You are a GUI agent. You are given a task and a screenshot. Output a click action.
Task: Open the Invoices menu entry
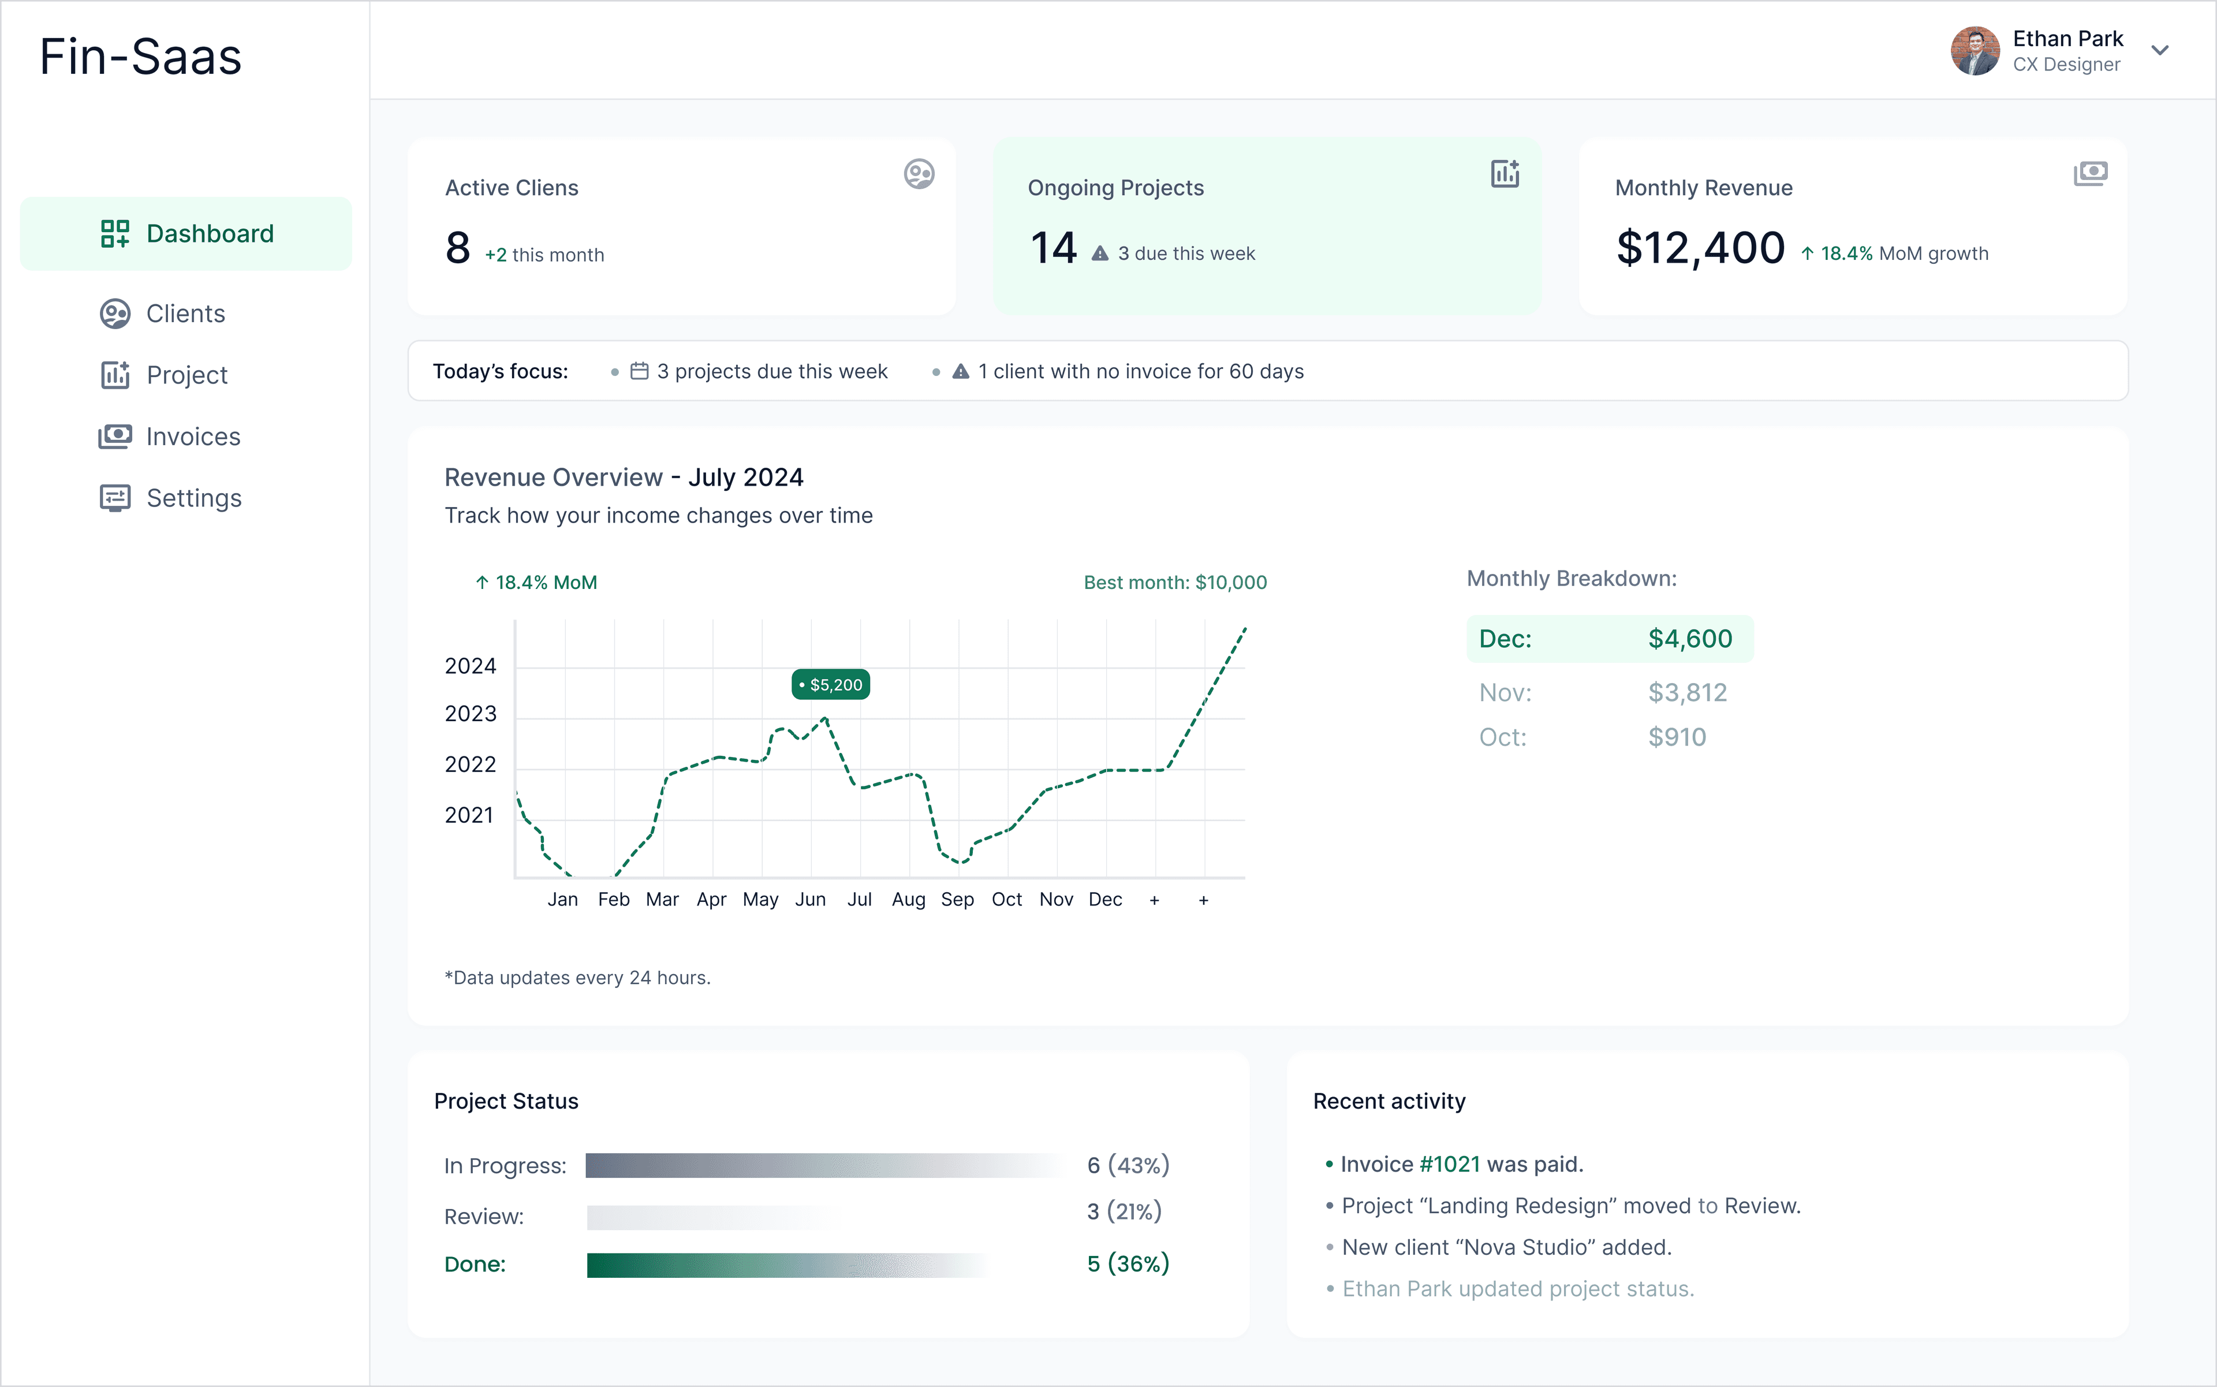[x=193, y=437]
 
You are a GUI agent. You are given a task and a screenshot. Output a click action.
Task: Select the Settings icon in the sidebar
[x=115, y=498]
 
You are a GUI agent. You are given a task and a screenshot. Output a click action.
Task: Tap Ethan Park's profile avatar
[x=1974, y=50]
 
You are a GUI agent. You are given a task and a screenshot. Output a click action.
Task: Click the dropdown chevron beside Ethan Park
[x=2160, y=50]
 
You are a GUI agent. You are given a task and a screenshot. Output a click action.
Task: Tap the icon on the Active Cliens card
[x=918, y=173]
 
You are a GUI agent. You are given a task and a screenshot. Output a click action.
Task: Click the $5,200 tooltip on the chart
[x=831, y=684]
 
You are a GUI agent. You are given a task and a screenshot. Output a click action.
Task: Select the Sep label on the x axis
[x=957, y=900]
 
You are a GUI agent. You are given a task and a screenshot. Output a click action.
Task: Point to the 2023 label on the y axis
[x=469, y=714]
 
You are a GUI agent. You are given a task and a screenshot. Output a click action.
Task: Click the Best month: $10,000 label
[x=1175, y=583]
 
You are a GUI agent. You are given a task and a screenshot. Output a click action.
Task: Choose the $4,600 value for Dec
[x=1689, y=639]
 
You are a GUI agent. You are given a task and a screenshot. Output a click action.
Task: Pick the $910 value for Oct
[x=1677, y=737]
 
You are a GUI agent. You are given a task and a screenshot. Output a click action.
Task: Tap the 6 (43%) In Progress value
[x=1128, y=1165]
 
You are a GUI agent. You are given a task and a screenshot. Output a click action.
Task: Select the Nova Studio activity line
[x=1506, y=1248]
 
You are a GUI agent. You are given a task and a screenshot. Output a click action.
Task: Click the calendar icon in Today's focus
[x=639, y=371]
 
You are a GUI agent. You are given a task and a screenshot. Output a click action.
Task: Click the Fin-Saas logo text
[x=140, y=57]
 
